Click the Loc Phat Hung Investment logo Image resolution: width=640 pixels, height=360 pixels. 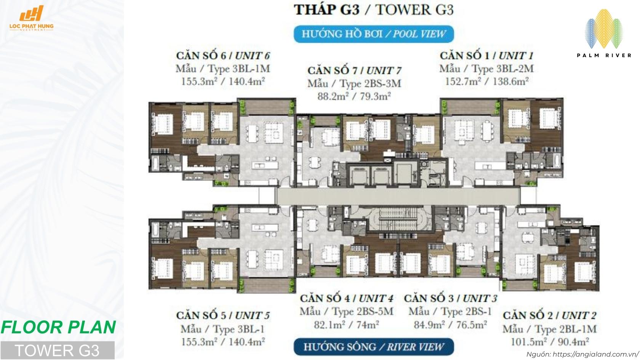coord(37,19)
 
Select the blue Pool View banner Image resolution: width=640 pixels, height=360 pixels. coord(373,34)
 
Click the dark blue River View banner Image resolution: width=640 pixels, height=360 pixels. coord(373,347)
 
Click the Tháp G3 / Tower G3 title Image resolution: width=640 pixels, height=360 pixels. coord(373,10)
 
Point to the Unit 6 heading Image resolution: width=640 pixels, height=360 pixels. coord(223,56)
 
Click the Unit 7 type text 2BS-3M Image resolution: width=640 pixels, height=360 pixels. coord(354,83)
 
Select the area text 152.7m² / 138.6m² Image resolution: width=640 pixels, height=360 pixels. coord(486,81)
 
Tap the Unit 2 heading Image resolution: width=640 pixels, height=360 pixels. coord(549,315)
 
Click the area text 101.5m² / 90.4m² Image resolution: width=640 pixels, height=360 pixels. coord(549,341)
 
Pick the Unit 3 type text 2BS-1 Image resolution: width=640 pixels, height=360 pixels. coord(450,312)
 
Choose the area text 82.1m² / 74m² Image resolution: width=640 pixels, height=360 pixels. coord(346,325)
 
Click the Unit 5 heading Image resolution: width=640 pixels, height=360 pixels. coord(223,315)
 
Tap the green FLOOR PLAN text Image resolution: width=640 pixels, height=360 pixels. coord(58,327)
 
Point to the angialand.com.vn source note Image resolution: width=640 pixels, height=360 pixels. coord(582,354)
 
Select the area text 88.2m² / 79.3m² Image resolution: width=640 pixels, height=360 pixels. coord(354,96)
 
